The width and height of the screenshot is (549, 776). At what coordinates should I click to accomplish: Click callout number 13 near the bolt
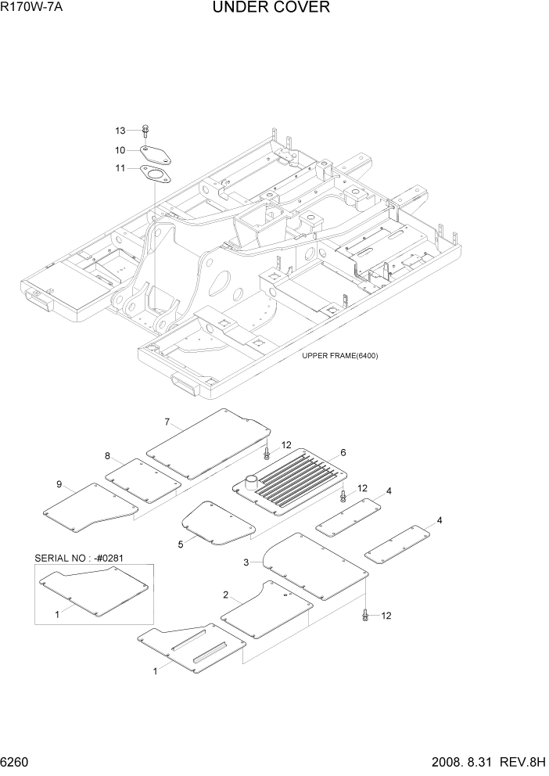click(x=120, y=130)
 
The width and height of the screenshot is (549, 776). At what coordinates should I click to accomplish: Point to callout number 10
click(x=120, y=149)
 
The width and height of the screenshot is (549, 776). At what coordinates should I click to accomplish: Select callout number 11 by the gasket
click(x=120, y=168)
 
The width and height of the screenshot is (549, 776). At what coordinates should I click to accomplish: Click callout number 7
click(x=167, y=422)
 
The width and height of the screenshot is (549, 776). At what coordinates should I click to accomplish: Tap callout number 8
click(x=108, y=456)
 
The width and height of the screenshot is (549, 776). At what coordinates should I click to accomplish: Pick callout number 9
click(x=58, y=485)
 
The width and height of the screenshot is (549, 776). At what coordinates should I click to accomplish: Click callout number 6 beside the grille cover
click(x=343, y=453)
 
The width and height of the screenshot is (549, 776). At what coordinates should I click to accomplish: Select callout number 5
click(x=181, y=544)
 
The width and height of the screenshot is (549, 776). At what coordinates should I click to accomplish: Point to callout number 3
click(x=246, y=562)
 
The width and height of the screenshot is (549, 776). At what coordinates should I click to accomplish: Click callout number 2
click(x=225, y=595)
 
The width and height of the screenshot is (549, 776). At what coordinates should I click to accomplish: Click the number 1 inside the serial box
click(x=57, y=615)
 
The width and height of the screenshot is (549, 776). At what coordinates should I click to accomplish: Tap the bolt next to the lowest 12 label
click(x=365, y=616)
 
